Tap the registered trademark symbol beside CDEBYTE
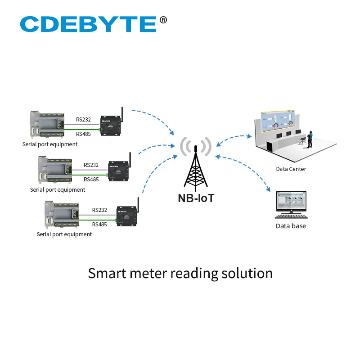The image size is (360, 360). pyautogui.click(x=163, y=19)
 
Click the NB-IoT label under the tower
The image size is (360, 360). pyautogui.click(x=196, y=198)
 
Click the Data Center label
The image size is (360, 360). pyautogui.click(x=291, y=169)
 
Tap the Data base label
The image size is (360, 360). pyautogui.click(x=291, y=226)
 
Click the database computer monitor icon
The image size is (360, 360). pyautogui.click(x=291, y=202)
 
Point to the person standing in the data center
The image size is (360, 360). pyautogui.click(x=310, y=138)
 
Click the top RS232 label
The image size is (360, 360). pyautogui.click(x=83, y=120)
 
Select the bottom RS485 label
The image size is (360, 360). pyautogui.click(x=99, y=224)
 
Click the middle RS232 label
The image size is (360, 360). pyautogui.click(x=91, y=165)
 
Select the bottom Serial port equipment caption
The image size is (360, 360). pyautogui.click(x=64, y=234)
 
